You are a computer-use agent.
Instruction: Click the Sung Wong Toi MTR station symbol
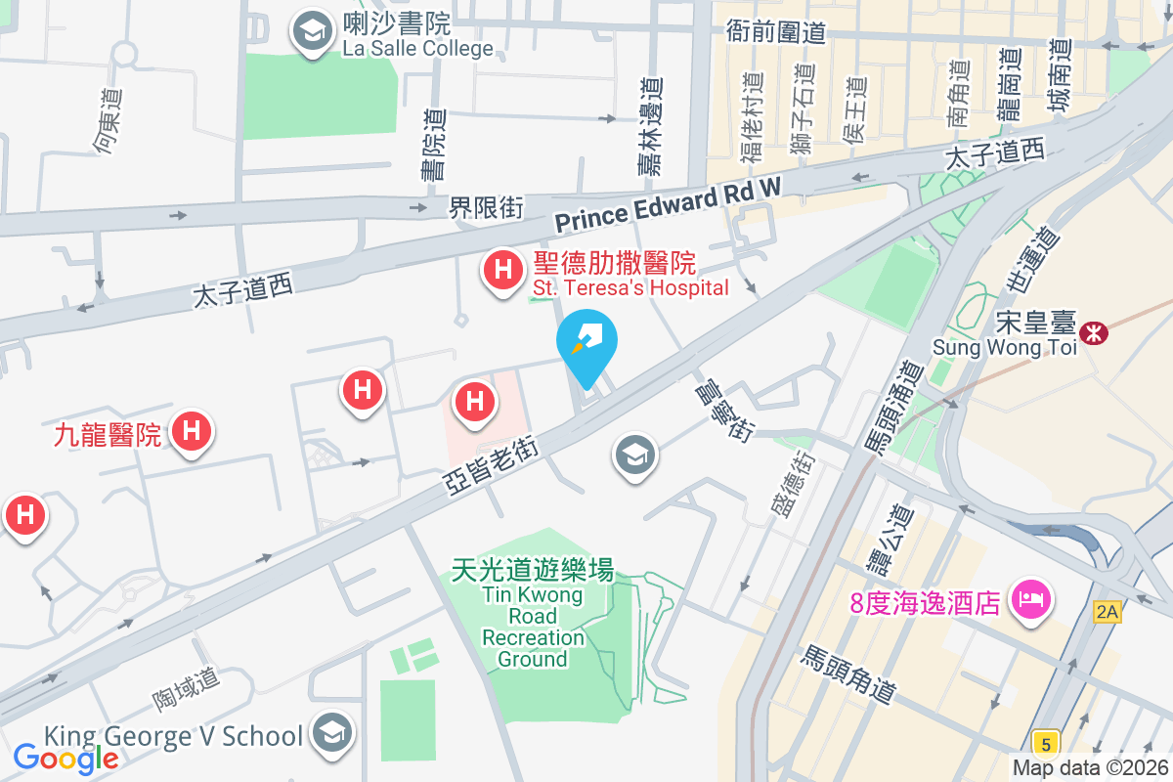[1094, 333]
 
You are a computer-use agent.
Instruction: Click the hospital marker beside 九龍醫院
[191, 431]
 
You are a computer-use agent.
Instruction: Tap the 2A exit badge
[1107, 612]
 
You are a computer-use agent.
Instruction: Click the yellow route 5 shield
[1045, 744]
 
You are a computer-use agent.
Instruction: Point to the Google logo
[65, 758]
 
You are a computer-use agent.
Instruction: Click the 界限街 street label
[486, 207]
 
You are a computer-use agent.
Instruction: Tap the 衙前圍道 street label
[776, 31]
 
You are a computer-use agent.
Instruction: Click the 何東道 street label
[108, 121]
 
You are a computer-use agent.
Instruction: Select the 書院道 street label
[433, 143]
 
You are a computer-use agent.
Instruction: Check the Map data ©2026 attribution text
[1090, 768]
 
